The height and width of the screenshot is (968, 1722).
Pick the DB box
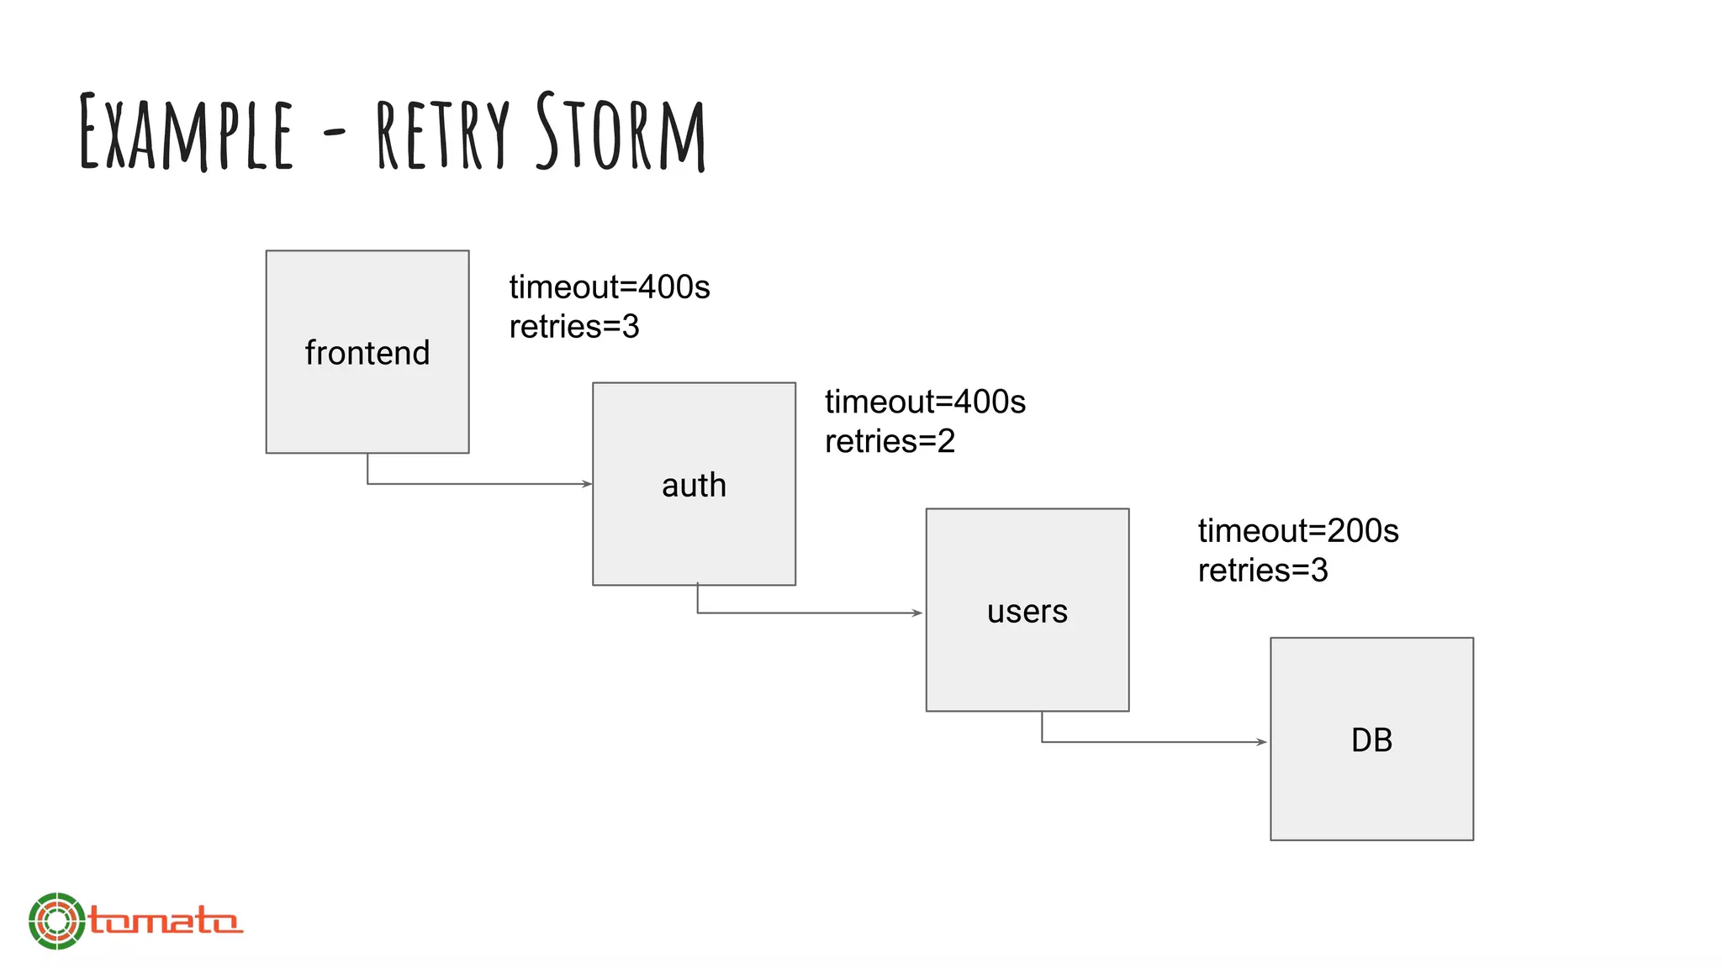click(x=1371, y=739)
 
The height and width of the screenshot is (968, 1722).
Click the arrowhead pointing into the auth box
click(x=587, y=484)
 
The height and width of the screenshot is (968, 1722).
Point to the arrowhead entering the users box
click(x=918, y=613)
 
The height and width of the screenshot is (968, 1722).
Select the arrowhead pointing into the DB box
click(x=1261, y=742)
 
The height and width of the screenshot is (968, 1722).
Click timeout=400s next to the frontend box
click(x=610, y=287)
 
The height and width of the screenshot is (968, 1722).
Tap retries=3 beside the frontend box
click(x=574, y=327)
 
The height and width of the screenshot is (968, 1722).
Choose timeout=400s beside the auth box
click(x=925, y=402)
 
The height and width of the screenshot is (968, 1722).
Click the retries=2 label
click(x=890, y=441)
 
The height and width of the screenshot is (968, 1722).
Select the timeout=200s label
click(x=1298, y=531)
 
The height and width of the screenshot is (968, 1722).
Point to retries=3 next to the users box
click(x=1263, y=571)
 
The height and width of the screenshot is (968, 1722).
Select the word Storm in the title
click(x=621, y=132)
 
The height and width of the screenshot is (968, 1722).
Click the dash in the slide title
click(x=334, y=132)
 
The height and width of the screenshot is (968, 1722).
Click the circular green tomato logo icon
click(x=56, y=921)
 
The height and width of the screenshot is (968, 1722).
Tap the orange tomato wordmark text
click(x=166, y=921)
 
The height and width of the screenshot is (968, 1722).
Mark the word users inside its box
click(x=1027, y=612)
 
